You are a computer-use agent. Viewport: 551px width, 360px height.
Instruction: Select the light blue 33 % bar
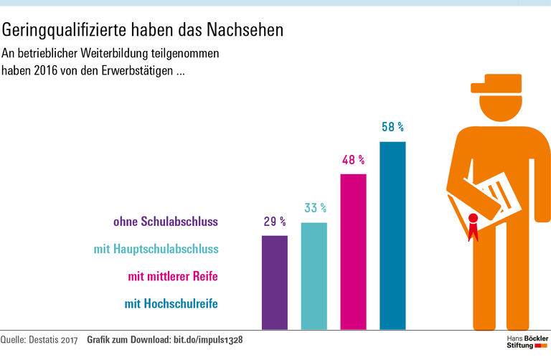[x=314, y=275]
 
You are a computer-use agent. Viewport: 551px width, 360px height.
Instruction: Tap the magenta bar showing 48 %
[x=353, y=252]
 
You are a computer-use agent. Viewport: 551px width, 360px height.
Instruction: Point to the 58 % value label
[x=392, y=127]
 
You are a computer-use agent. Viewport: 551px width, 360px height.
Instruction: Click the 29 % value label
[x=275, y=222]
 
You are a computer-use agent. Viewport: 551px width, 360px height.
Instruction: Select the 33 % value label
[x=315, y=208]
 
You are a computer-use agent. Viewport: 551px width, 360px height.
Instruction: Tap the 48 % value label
[x=353, y=160]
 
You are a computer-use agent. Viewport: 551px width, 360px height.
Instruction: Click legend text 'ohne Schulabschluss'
[x=166, y=222]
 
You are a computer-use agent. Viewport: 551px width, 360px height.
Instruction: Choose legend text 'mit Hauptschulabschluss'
[x=156, y=250]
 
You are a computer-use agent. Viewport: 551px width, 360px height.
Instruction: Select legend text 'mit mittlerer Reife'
[x=173, y=276]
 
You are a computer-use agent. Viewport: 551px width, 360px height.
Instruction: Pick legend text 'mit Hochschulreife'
[x=171, y=303]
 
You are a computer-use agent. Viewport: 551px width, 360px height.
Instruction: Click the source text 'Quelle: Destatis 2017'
[x=39, y=338]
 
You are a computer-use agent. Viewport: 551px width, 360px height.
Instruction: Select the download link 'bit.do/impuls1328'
[x=208, y=338]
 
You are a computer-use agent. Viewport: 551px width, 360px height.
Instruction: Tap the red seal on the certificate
[x=473, y=219]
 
